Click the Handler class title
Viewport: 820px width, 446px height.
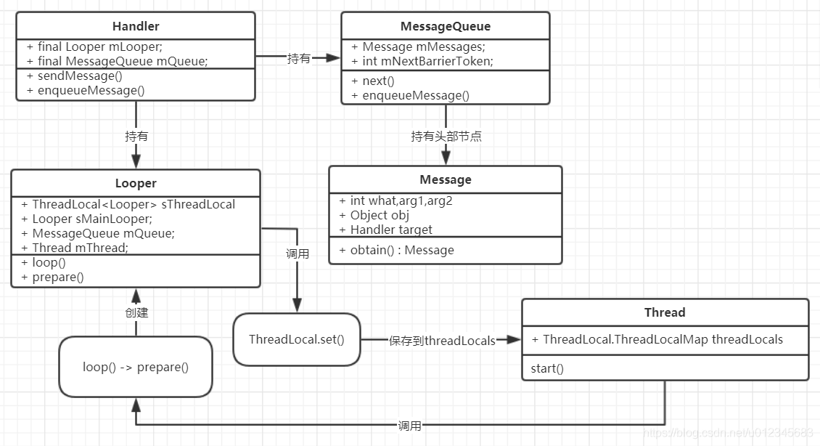[x=136, y=26]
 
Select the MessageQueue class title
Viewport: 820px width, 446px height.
[x=446, y=26]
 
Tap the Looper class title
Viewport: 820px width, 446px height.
[x=136, y=183]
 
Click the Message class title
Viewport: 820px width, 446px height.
[x=446, y=179]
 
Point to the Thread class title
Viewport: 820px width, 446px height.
[x=665, y=312]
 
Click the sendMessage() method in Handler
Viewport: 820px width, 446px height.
[x=74, y=76]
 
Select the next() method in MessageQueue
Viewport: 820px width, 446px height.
[x=378, y=81]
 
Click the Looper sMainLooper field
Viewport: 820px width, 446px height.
[x=92, y=219]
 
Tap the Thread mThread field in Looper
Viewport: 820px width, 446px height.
[x=80, y=247]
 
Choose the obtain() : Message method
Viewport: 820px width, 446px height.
[x=402, y=250]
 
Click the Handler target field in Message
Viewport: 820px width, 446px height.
[x=391, y=230]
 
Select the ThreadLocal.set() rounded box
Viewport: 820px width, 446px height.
[x=297, y=339]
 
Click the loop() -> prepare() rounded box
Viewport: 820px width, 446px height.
[x=136, y=367]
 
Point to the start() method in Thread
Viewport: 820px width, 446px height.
[x=547, y=368]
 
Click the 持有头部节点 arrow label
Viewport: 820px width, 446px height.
[x=446, y=136]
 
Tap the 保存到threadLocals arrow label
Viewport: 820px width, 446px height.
[x=442, y=340]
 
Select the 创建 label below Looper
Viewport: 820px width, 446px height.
[x=136, y=312]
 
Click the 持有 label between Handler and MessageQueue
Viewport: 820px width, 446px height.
[x=298, y=58]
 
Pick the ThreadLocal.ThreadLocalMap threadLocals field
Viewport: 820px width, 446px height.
[x=663, y=339]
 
